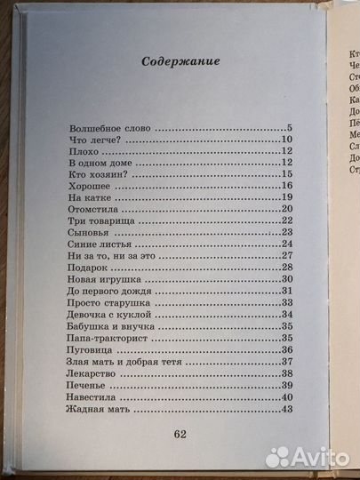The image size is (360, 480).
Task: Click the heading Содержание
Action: click(x=180, y=62)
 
